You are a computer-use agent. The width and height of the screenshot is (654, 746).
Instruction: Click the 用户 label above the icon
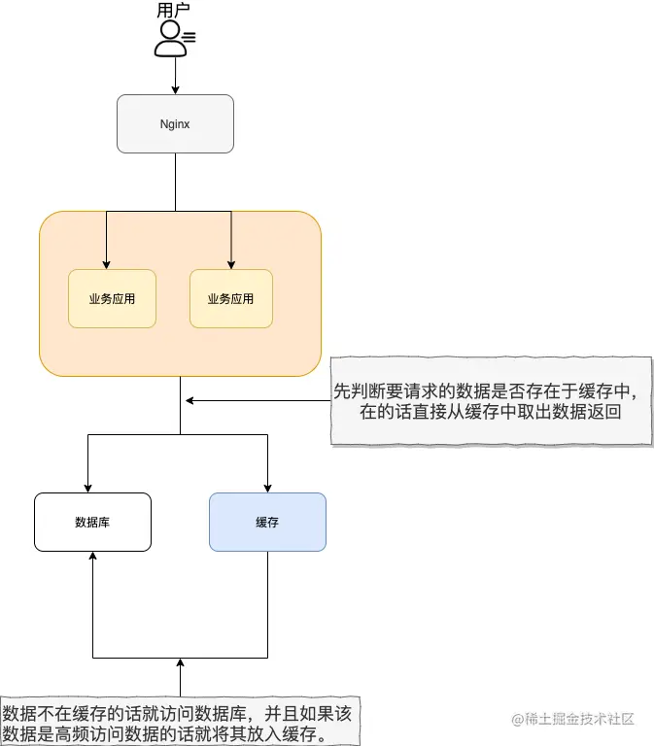coord(175,11)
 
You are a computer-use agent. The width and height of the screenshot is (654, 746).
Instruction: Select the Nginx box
coord(175,123)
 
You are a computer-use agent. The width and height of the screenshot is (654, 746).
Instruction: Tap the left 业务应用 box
coord(112,298)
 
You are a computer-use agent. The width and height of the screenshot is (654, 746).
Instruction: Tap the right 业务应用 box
coord(230,298)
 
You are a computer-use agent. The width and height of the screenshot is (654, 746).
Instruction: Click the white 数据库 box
coord(92,522)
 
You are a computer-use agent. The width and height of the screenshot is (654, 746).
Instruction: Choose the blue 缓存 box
coord(267,522)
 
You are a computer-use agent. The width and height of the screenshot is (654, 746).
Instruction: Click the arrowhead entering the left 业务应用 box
coord(106,263)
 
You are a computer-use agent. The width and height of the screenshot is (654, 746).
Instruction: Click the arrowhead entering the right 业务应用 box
coord(231,263)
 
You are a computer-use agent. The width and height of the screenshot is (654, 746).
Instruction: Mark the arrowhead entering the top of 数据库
coord(88,487)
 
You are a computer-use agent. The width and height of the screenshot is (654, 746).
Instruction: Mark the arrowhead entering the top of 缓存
coord(267,487)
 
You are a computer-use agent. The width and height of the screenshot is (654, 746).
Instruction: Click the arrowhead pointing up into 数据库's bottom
coord(92,558)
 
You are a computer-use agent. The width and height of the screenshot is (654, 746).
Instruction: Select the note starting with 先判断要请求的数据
coord(491,400)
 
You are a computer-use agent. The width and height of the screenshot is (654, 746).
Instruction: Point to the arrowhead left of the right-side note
coord(191,400)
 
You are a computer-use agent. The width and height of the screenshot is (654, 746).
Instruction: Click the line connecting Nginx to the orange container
coord(175,182)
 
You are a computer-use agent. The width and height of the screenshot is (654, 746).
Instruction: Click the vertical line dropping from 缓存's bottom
coord(267,602)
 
